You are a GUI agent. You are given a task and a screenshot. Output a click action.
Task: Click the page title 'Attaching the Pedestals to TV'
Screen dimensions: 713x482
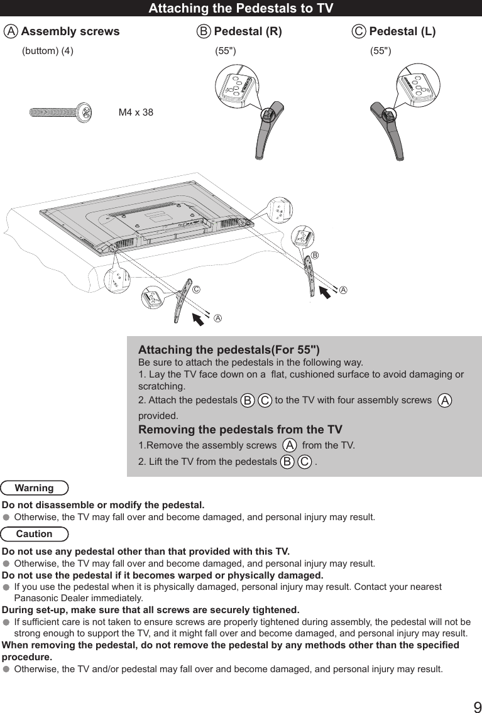(241, 8)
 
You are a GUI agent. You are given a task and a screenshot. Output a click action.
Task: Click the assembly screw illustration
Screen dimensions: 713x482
(62, 113)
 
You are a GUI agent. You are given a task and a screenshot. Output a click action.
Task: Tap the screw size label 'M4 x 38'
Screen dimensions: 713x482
(136, 112)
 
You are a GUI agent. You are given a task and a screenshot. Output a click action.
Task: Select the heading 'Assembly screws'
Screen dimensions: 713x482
(70, 31)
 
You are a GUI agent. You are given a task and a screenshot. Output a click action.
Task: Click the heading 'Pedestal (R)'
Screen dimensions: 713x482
(248, 31)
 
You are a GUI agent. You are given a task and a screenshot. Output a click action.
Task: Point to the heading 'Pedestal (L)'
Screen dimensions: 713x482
(402, 31)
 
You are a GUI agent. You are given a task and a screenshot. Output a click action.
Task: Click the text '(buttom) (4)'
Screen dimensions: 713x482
(48, 52)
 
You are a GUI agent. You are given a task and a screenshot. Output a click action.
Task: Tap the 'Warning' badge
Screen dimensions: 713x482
(35, 488)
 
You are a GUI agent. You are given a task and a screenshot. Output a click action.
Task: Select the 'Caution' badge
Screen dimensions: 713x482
(35, 534)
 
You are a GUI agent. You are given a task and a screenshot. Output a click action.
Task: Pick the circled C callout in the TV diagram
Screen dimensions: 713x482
(197, 290)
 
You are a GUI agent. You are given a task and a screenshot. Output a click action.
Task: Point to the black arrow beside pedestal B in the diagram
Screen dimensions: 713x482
(327, 294)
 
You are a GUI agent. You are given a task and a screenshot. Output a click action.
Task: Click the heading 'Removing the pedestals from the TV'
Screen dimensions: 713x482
(240, 430)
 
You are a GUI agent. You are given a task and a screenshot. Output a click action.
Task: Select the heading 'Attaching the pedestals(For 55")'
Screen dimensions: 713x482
(229, 350)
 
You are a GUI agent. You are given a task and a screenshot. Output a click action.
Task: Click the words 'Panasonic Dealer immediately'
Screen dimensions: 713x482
(78, 598)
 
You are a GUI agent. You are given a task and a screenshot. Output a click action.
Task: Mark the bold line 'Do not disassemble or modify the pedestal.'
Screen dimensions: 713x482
(103, 505)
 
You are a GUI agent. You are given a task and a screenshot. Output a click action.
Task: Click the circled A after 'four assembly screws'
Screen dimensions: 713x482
(445, 400)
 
